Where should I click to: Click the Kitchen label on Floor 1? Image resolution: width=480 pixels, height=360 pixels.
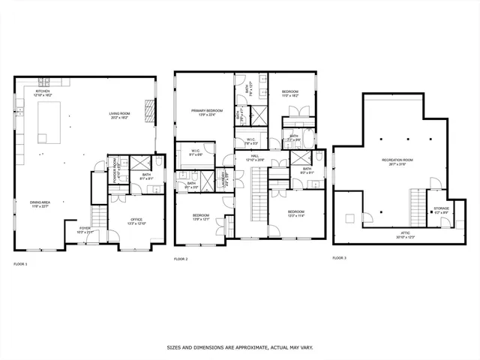pos(42,93)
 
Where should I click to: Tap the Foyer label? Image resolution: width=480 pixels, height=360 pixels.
pos(85,230)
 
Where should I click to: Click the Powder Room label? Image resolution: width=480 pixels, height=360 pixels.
pos(112,165)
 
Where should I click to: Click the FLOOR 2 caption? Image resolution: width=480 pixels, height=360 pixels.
pos(181,259)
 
